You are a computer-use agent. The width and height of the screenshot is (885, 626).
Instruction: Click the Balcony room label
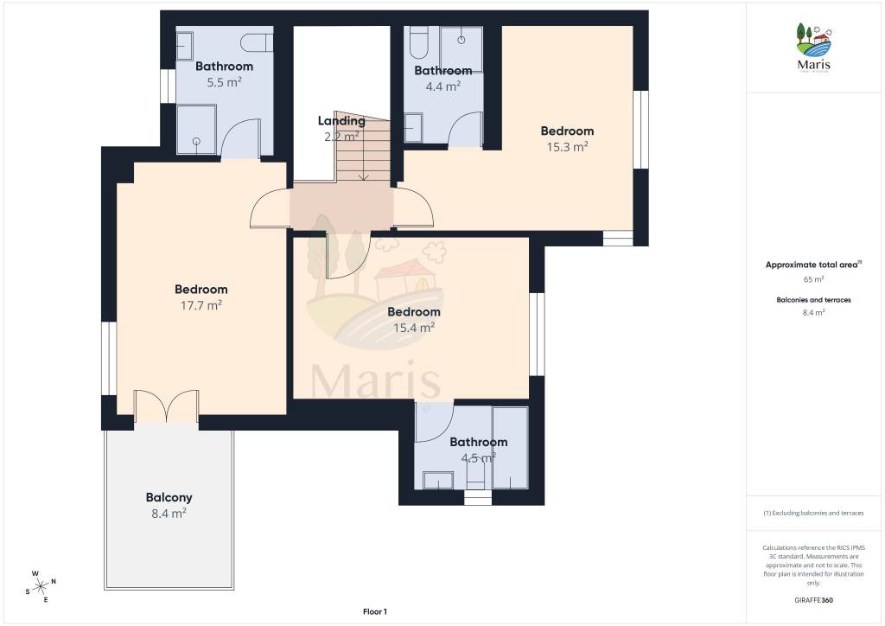169,497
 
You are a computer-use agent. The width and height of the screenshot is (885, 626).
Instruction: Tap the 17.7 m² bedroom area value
201,305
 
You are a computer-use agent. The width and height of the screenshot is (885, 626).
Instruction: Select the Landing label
341,121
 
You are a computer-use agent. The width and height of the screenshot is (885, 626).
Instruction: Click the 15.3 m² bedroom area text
567,147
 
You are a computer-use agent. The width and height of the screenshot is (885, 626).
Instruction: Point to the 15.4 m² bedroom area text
414,328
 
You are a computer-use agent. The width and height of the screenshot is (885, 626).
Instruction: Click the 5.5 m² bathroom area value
224,82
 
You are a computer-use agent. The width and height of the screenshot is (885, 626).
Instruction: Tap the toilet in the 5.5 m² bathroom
257,42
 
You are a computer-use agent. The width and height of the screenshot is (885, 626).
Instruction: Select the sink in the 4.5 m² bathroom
438,481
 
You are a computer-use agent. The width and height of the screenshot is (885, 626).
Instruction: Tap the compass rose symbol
41,587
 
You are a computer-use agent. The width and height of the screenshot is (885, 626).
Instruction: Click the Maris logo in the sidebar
814,48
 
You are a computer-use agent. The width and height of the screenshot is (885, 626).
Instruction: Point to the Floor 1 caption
375,612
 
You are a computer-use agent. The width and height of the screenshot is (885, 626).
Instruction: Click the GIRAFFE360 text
813,600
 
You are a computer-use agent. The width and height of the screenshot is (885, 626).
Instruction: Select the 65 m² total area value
813,279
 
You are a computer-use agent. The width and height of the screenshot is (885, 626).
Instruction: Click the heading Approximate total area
812,265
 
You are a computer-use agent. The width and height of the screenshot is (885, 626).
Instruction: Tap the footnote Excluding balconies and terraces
813,513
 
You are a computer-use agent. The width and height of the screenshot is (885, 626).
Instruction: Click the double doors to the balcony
167,406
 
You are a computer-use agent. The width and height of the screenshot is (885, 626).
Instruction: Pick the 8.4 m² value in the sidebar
813,312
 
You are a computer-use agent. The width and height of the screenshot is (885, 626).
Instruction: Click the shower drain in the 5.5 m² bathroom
196,141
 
